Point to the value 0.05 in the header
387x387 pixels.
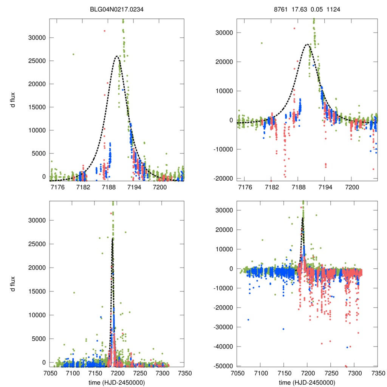point(317,9)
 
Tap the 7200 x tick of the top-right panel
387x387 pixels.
point(352,187)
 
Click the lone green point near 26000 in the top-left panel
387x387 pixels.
point(73,54)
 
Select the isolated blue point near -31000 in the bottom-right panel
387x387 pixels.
point(283,329)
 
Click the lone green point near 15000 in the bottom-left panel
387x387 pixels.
point(74,293)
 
